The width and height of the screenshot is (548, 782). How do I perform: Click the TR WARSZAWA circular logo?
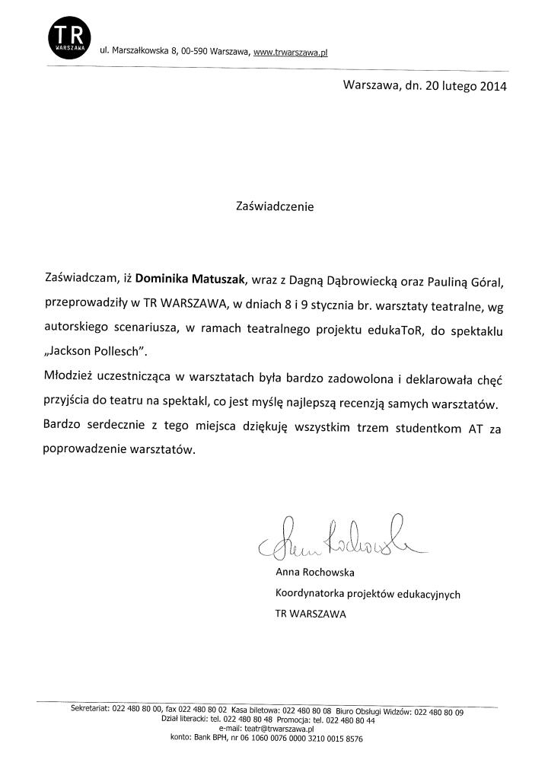click(68, 37)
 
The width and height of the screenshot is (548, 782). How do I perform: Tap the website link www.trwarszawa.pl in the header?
click(290, 52)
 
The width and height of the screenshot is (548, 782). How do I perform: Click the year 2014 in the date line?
click(492, 86)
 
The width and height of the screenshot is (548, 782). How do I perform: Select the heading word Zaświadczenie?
click(275, 206)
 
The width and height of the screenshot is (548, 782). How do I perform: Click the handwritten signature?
click(335, 538)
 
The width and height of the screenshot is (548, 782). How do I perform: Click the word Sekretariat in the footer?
click(90, 709)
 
